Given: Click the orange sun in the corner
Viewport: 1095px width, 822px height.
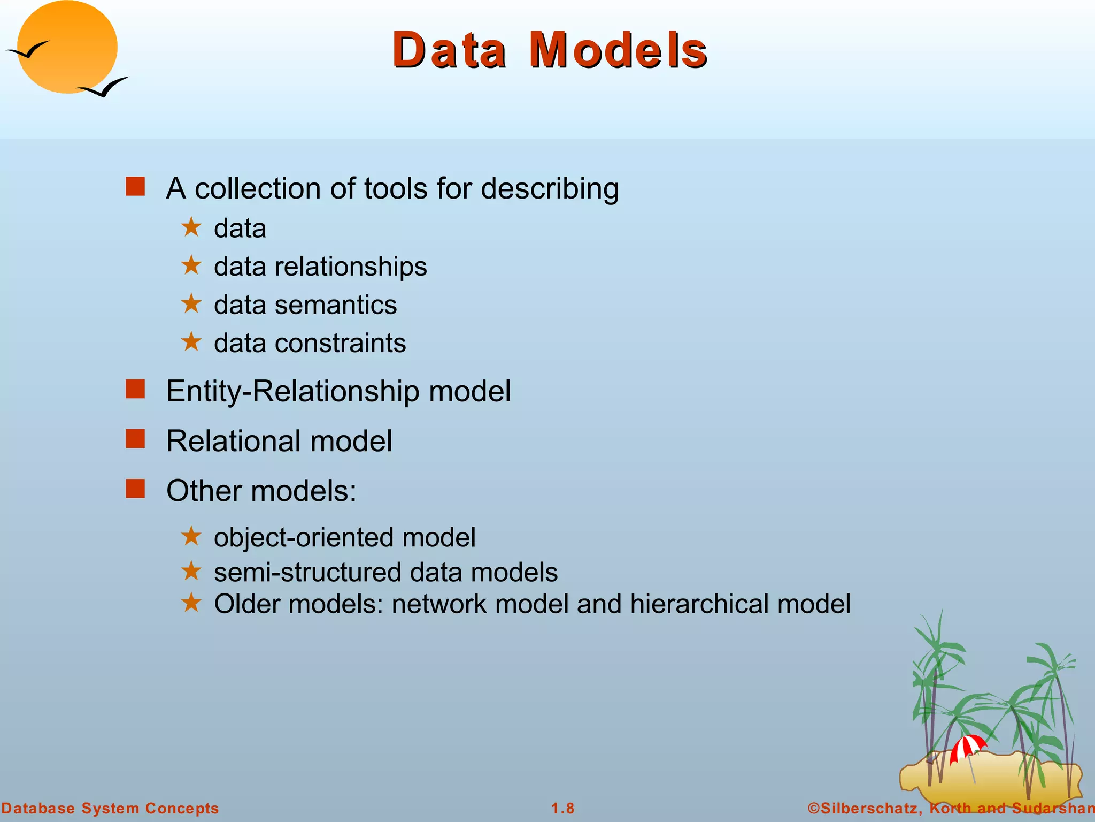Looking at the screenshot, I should tap(67, 47).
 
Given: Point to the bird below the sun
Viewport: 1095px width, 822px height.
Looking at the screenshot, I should tap(104, 87).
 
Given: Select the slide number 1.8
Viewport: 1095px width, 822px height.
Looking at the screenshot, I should tap(562, 808).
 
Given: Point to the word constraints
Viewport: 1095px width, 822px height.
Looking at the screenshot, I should tap(340, 343).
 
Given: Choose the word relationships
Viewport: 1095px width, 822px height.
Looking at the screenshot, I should tap(351, 267).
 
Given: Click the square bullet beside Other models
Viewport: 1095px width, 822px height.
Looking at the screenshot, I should tap(135, 488).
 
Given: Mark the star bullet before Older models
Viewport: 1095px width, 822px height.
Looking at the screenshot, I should tap(191, 603).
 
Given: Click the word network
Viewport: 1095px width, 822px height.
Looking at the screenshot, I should tap(439, 604).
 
